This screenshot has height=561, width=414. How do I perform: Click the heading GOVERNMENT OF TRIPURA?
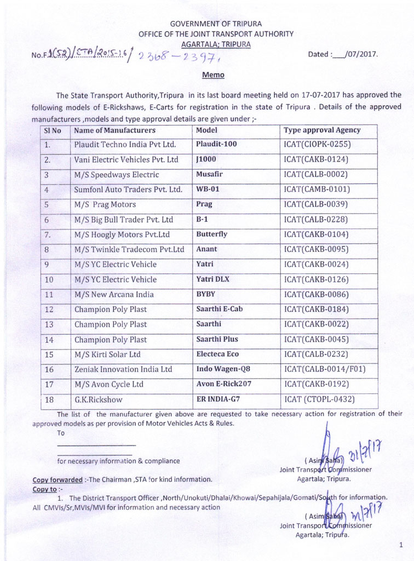(215, 24)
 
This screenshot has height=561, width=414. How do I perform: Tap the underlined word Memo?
(213, 75)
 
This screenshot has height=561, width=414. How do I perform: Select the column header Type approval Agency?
(322, 130)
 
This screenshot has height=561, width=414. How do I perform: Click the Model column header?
(206, 130)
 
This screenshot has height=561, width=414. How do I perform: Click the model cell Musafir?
(209, 175)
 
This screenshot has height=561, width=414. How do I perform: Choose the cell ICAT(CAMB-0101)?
(317, 190)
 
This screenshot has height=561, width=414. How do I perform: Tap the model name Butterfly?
(211, 234)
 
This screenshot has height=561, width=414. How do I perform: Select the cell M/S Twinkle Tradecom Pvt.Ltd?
(129, 249)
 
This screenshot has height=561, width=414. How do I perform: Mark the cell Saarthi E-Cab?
(220, 309)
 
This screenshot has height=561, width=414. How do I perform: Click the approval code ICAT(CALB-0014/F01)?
(325, 369)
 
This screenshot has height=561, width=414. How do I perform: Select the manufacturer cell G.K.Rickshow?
(99, 399)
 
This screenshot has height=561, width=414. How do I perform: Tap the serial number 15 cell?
(49, 354)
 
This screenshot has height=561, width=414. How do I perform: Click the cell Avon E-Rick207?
(223, 384)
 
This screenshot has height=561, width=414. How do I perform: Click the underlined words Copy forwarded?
(58, 479)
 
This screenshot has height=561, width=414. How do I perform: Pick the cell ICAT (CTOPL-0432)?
(319, 399)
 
